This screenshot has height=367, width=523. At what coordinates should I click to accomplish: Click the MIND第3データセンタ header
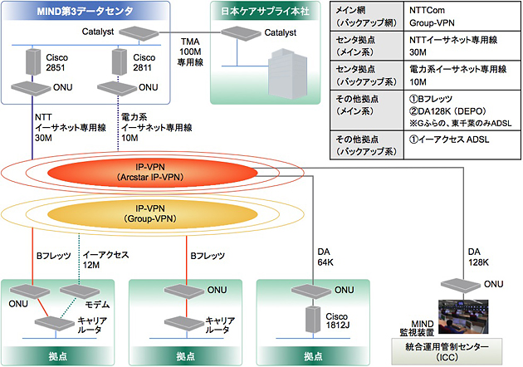(73, 10)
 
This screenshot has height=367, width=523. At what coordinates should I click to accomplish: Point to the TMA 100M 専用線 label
(193, 51)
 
